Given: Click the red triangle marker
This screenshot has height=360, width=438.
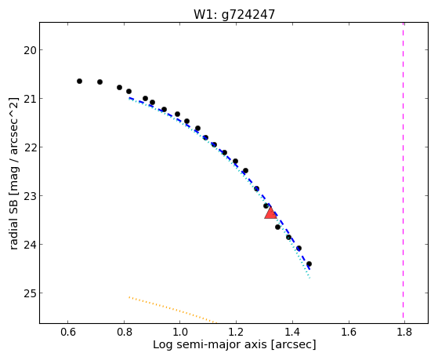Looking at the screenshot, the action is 270,213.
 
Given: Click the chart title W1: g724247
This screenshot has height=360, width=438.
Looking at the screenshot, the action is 234,15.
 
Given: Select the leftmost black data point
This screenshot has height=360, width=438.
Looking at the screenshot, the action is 79,81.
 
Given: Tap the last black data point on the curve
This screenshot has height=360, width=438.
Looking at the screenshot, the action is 309,264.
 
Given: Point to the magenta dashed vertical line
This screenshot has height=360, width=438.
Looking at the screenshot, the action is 403,173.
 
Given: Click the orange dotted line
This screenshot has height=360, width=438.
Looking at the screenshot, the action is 172,310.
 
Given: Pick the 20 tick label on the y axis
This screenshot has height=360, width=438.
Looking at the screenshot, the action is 30,50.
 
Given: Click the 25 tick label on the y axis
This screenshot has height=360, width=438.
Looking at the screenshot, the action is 30,293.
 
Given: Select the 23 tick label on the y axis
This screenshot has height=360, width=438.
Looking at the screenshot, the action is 30,196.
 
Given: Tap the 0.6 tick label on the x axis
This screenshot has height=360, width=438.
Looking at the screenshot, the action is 67,332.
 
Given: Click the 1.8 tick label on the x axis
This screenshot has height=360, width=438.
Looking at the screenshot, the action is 404,332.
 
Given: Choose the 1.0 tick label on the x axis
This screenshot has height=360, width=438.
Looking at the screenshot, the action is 179,332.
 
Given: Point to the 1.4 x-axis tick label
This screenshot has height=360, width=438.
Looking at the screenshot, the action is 292,332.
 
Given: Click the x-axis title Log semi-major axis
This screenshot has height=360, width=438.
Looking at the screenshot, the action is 209,344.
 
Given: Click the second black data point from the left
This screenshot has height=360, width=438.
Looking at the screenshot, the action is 100,82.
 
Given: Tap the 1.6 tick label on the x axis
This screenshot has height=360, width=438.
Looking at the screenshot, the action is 349,332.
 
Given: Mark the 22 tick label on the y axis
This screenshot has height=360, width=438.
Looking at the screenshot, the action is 30,147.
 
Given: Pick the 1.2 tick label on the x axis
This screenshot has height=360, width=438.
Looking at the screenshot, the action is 236,332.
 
